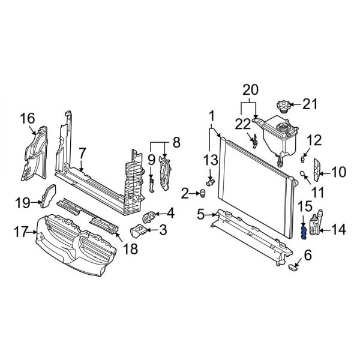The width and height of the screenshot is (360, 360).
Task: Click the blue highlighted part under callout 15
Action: pyautogui.click(x=304, y=232)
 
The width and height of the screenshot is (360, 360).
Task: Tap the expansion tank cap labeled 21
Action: pyautogui.click(x=284, y=107)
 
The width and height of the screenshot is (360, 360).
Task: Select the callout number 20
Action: pyautogui.click(x=250, y=90)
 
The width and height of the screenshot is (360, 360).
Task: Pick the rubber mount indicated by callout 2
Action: pyautogui.click(x=203, y=193)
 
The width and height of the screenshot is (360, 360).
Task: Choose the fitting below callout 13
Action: pyautogui.click(x=210, y=182)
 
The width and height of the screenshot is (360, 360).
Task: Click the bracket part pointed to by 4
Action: pyautogui.click(x=149, y=217)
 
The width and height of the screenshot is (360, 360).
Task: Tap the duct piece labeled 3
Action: pyautogui.click(x=139, y=230)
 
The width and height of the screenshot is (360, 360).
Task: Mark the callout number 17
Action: pyautogui.click(x=21, y=232)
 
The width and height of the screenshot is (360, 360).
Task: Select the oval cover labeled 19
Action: pyautogui.click(x=48, y=196)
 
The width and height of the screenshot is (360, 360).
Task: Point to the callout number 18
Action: pyautogui.click(x=130, y=248)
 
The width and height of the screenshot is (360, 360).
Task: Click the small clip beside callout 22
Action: pyautogui.click(x=254, y=142)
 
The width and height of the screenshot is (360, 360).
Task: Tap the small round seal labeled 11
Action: pyautogui.click(x=302, y=173)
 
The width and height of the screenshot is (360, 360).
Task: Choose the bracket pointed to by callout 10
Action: pyautogui.click(x=317, y=170)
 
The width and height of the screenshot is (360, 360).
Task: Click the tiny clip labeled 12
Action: pyautogui.click(x=303, y=159)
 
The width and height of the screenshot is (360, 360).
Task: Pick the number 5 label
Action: pyautogui.click(x=200, y=215)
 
